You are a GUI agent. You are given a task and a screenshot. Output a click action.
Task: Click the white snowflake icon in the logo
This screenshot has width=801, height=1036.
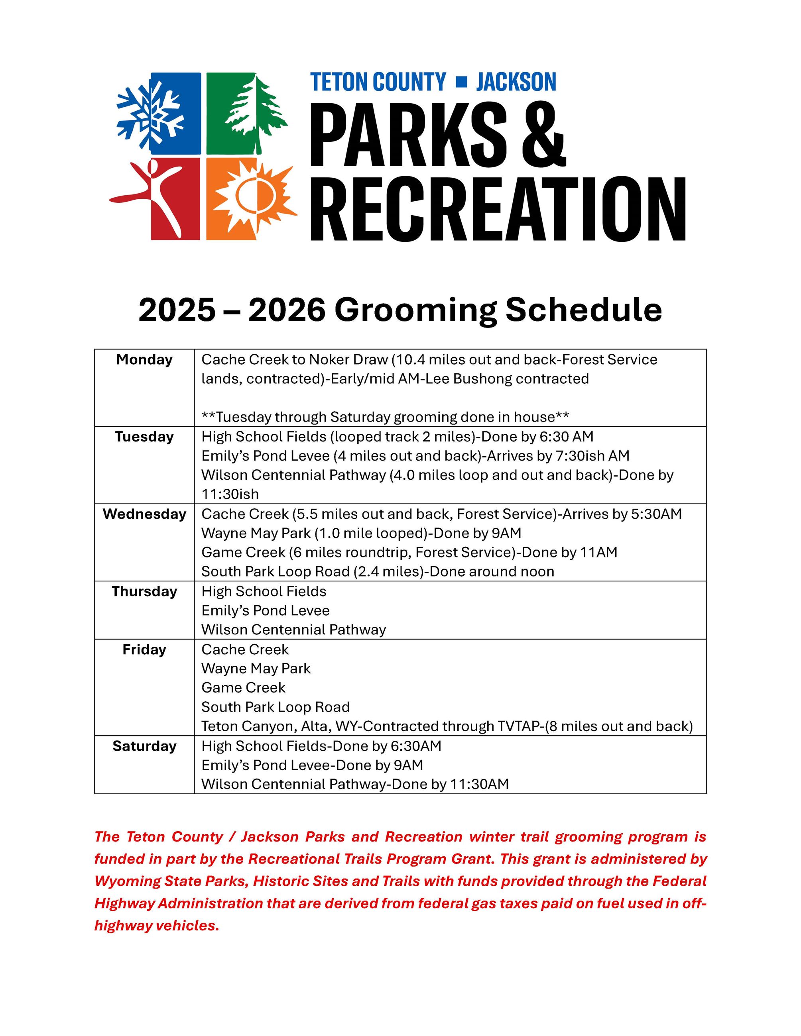point(151,114)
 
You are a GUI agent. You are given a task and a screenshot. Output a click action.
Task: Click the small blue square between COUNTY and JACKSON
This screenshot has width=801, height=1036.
point(461,82)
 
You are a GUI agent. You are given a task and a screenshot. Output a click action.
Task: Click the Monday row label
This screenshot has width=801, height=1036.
point(144,359)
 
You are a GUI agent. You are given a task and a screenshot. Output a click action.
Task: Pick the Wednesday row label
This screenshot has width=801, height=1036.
point(144,514)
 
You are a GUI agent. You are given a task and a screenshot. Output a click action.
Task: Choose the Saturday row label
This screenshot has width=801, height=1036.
point(144,746)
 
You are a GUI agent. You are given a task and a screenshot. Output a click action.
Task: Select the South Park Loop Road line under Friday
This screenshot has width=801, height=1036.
point(275,707)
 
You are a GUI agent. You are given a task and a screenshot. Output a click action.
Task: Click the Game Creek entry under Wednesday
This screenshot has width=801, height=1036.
point(243,553)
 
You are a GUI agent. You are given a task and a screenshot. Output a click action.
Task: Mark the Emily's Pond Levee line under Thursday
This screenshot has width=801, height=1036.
point(265,610)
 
